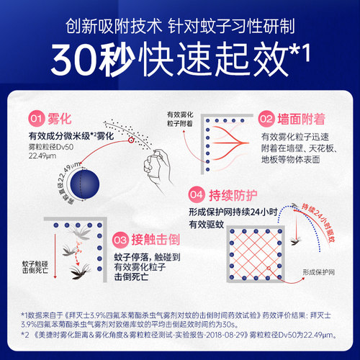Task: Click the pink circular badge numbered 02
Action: click(266, 118)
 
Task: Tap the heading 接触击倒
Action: click(159, 238)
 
